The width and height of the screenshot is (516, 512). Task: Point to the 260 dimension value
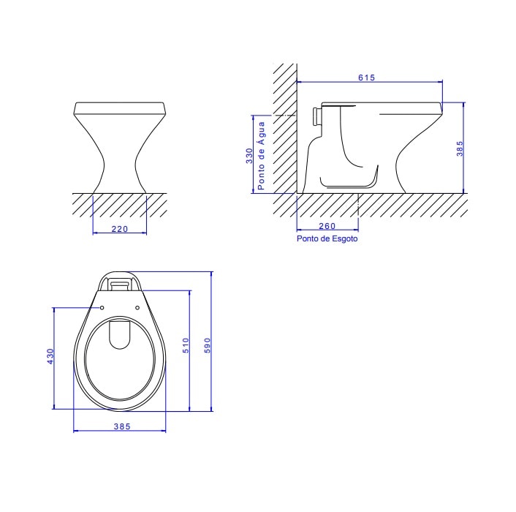click(327, 226)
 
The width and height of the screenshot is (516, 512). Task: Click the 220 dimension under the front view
click(120, 230)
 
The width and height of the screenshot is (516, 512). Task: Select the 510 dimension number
click(186, 345)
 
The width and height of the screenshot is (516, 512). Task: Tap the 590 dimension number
click(207, 345)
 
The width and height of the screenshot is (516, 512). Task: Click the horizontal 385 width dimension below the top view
click(121, 426)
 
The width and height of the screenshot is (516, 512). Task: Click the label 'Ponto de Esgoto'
click(327, 238)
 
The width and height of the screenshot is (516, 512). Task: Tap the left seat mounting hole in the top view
click(102, 307)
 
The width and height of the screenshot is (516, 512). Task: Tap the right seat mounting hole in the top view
click(137, 306)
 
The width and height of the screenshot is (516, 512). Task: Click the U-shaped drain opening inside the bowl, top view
click(119, 334)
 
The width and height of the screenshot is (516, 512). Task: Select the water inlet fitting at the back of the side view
click(315, 116)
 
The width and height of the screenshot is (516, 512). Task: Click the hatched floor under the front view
click(120, 204)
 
